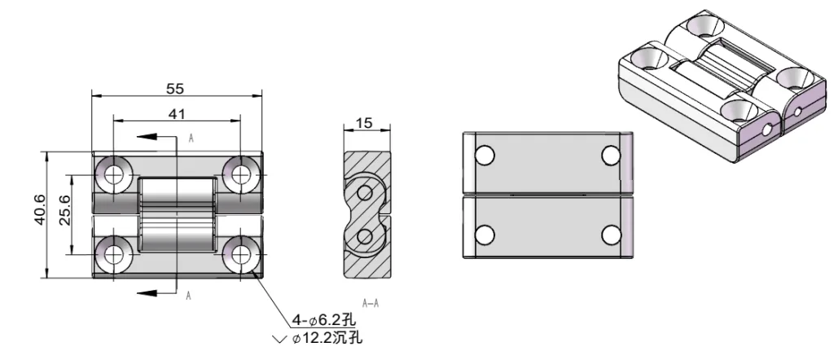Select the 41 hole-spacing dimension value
tap(176, 114)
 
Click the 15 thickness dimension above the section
tap(364, 123)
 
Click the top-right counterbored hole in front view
tap(240, 173)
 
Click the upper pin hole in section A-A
tap(364, 193)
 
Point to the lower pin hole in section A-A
tap(364, 237)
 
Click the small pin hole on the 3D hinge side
tap(768, 130)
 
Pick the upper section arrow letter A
tap(191, 138)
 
